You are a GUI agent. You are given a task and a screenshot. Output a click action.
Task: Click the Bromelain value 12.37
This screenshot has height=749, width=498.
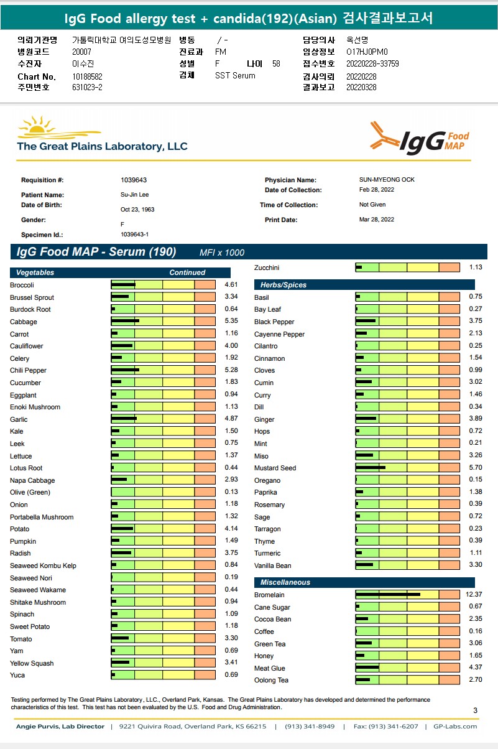point(473,595)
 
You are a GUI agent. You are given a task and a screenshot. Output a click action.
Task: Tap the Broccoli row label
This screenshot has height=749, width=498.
point(22,285)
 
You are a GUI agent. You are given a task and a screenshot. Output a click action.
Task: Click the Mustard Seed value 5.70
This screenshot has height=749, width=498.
point(475,468)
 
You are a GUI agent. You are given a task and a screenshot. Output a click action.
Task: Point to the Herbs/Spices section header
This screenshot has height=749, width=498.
point(284,285)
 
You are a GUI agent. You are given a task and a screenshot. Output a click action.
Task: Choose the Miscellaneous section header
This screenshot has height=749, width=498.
point(285,582)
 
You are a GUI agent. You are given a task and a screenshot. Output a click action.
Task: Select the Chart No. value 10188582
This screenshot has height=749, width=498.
point(88,77)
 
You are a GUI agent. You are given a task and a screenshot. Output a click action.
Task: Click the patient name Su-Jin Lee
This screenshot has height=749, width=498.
point(135,195)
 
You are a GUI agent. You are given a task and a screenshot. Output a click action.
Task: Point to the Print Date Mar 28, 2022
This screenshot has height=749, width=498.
point(377,220)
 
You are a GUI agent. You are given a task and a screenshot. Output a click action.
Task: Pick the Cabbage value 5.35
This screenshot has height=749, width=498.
point(231,322)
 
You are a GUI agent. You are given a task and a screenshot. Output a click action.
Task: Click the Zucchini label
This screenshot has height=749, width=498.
point(267,267)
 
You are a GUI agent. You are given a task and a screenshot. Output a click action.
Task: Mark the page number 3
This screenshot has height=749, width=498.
point(475,710)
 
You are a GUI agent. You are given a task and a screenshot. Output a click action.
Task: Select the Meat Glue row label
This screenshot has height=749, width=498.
point(270,668)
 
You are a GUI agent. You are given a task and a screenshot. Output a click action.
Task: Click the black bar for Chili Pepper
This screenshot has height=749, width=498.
point(125,370)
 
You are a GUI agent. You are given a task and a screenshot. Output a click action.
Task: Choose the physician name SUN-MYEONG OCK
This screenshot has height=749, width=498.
point(387,180)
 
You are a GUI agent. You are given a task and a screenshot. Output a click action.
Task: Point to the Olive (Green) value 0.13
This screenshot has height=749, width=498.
point(231,492)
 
